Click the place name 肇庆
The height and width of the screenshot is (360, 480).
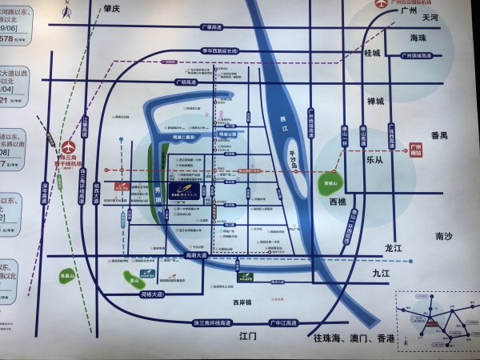111,8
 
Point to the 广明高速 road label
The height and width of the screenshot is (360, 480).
186,82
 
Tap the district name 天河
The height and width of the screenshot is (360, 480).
430,17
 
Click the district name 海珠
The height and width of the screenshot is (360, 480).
418,38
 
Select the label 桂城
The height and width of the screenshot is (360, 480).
373,53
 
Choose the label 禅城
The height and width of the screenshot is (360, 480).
375,101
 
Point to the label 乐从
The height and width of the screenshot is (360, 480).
375,159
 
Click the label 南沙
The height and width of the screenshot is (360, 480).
444,237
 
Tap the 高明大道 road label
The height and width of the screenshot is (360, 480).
195,255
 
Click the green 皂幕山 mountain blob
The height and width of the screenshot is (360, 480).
70,276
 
